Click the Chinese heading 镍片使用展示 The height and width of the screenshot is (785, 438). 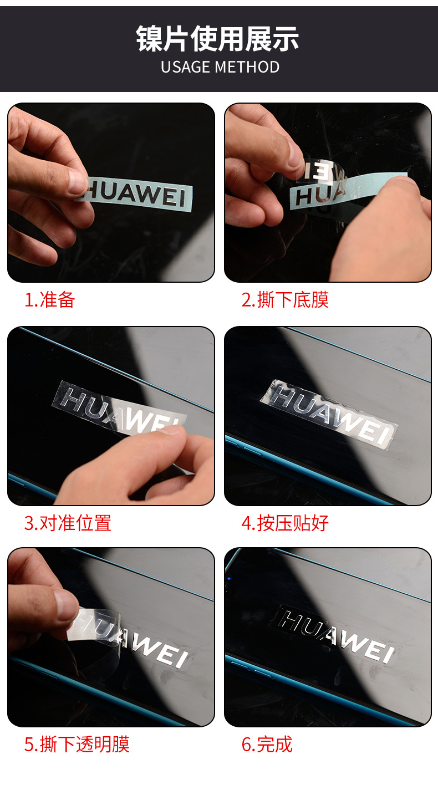[x=217, y=39]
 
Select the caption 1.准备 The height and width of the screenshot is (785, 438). [x=49, y=299]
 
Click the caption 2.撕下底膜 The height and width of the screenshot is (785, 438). [x=285, y=299]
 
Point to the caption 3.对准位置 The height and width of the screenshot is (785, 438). [x=68, y=523]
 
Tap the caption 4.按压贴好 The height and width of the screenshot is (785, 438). [x=285, y=523]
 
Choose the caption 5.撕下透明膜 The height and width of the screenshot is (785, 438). [x=77, y=744]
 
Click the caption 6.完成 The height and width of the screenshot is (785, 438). [x=267, y=744]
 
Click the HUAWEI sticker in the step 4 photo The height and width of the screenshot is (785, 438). [x=329, y=414]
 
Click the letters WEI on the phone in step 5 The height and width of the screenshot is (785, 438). [x=160, y=651]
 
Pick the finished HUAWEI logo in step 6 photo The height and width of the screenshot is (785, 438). [x=335, y=635]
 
